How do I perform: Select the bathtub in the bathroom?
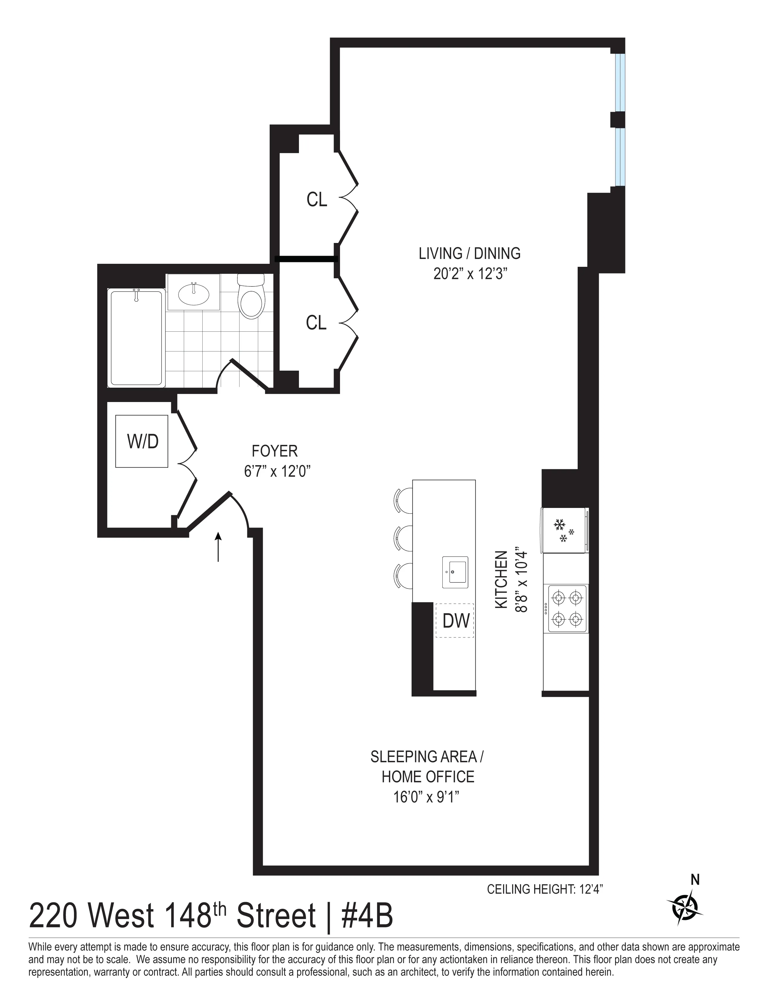point(136,338)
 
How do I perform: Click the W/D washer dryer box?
point(142,441)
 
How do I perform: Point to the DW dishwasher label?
point(456,621)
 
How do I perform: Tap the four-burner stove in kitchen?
point(567,608)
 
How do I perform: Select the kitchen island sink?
point(455,572)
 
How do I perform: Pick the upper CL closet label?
point(316,200)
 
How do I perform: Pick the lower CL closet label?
point(316,323)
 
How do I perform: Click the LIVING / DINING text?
point(469,254)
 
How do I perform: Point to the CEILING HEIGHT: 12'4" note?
point(545,889)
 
